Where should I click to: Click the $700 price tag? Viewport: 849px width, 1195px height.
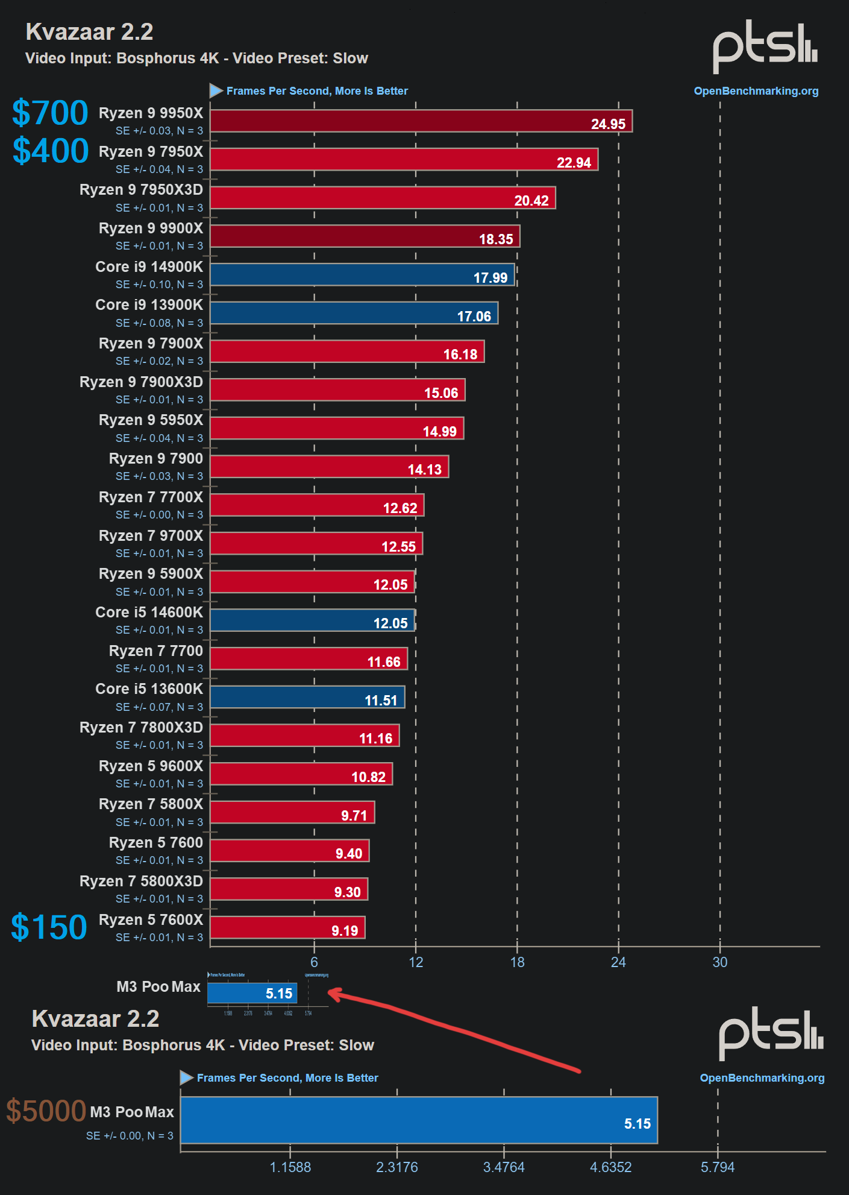pos(50,113)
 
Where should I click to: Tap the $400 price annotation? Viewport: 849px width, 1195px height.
pos(51,151)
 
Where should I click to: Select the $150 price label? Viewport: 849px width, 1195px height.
pos(49,927)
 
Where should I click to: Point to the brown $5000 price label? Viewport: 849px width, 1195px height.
pos(46,1111)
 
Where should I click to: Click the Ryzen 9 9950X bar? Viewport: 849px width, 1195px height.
pos(421,121)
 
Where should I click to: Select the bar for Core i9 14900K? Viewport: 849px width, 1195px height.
pos(362,274)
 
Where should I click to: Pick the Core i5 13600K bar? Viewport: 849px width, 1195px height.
pos(307,697)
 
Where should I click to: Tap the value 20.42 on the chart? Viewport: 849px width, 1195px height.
pos(531,201)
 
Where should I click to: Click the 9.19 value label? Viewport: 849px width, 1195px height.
pos(345,931)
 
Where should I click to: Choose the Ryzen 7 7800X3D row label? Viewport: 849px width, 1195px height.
pos(141,728)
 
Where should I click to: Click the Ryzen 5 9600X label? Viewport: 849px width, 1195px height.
pos(151,766)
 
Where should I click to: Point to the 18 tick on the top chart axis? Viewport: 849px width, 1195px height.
pos(517,962)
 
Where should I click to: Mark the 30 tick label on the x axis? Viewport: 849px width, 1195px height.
pos(720,962)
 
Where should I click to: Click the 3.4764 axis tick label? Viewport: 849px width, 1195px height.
pos(504,1167)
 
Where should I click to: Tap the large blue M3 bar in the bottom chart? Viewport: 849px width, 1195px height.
pos(419,1120)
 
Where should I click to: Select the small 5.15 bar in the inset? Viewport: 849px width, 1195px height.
pos(252,993)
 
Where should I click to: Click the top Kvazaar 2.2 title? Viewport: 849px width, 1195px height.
pos(89,32)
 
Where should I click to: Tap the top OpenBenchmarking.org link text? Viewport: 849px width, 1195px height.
pos(756,91)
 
